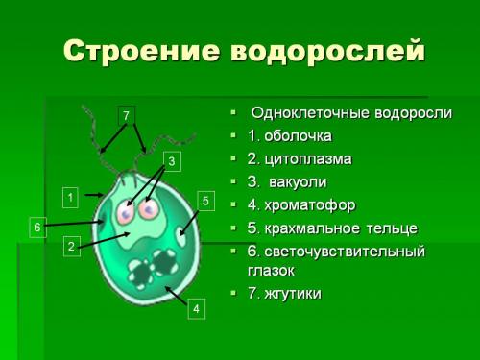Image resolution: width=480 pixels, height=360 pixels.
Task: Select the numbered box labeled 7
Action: [125, 115]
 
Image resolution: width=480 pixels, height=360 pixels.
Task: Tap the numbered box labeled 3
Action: [172, 161]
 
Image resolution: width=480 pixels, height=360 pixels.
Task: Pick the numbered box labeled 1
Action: [70, 197]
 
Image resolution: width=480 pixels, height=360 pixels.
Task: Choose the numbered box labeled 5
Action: [204, 200]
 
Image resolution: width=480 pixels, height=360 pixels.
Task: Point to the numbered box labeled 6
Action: [36, 228]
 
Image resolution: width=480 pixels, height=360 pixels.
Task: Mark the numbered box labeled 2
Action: [71, 247]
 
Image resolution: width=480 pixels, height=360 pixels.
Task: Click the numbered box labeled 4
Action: [195, 309]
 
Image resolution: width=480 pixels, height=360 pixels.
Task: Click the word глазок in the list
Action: [272, 270]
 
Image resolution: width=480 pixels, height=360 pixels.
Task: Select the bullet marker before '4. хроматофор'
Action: [233, 204]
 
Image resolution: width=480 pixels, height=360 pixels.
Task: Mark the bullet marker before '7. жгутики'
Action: [233, 292]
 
